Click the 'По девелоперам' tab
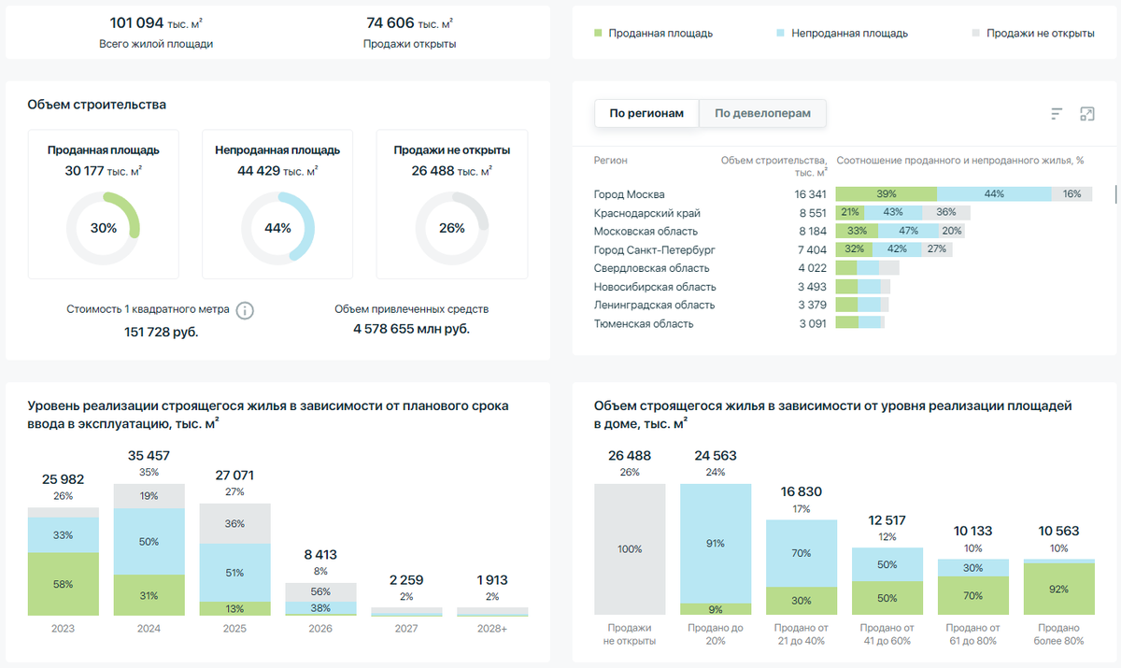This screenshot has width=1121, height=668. click(x=762, y=114)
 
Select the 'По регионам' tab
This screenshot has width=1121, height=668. click(x=646, y=114)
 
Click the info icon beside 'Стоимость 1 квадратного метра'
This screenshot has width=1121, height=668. click(x=245, y=310)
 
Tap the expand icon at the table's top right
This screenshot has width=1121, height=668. click(x=1086, y=114)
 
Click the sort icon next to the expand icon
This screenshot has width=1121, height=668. click(x=1057, y=114)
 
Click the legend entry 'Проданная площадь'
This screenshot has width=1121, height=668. click(x=653, y=33)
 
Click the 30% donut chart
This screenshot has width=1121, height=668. click(x=103, y=228)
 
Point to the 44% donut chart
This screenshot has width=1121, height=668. click(x=277, y=228)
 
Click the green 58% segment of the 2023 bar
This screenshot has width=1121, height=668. click(x=64, y=583)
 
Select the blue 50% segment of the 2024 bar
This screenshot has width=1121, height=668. click(x=149, y=541)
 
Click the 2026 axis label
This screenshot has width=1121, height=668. click(x=320, y=629)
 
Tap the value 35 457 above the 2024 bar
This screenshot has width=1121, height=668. click(x=149, y=455)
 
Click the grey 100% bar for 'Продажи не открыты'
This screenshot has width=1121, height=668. click(x=630, y=549)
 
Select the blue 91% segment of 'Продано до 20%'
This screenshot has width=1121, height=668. click(x=716, y=542)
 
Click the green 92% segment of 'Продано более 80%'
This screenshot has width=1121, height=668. click(x=1058, y=590)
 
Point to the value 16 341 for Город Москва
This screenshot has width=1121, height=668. click(x=810, y=194)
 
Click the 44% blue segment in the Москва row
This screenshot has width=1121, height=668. click(x=993, y=194)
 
